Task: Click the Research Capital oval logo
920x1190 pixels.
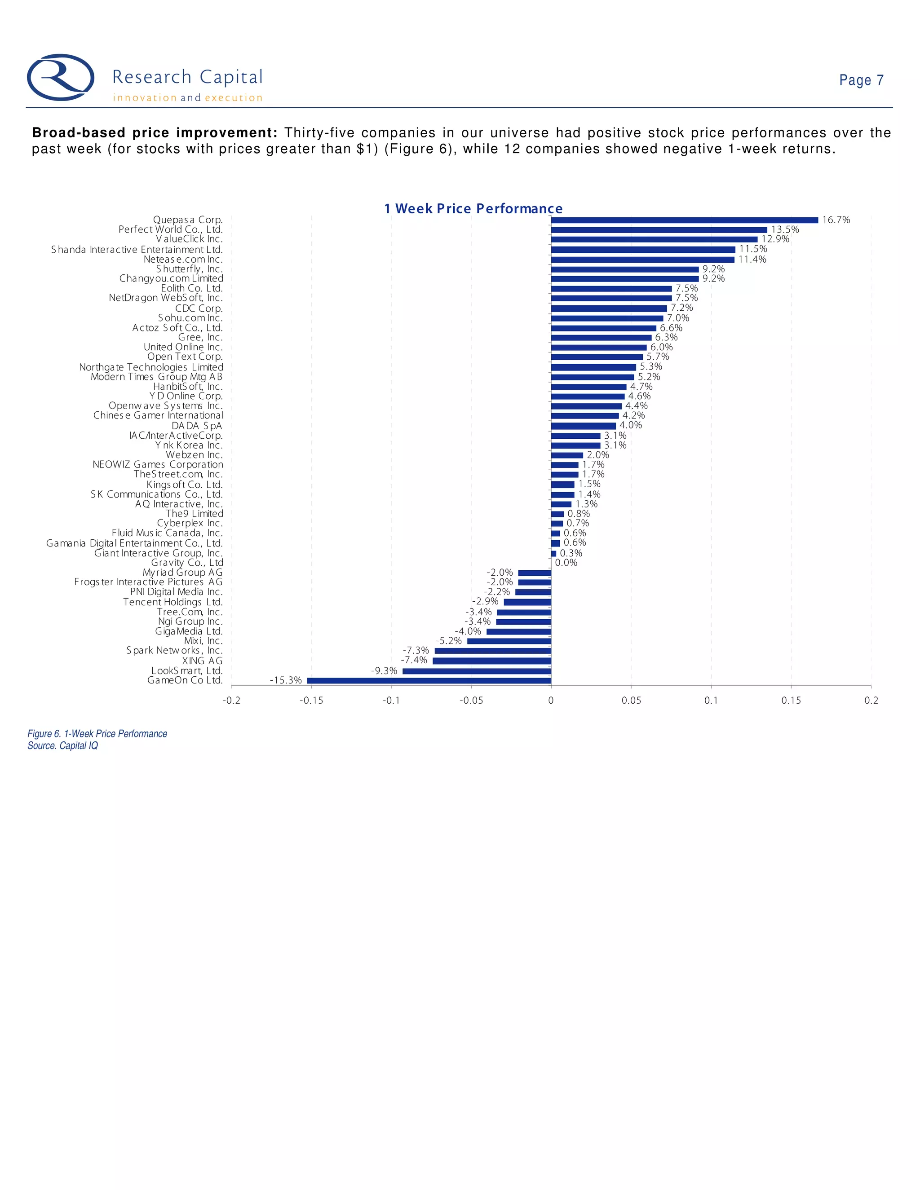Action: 61,77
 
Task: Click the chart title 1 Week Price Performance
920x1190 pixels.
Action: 473,209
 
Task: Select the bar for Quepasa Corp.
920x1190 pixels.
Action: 684,220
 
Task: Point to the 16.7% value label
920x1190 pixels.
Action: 836,220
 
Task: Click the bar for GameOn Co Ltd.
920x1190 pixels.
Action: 429,680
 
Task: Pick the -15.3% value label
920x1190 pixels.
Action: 286,680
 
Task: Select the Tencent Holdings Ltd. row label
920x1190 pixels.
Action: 173,602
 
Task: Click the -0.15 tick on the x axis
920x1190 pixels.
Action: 311,701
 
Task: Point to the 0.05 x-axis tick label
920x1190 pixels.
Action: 631,701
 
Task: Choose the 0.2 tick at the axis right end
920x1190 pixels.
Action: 871,701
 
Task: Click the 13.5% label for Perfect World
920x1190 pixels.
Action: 785,230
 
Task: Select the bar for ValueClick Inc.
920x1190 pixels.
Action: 654,239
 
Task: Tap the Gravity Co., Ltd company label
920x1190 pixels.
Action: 187,563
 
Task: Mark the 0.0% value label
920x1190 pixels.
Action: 566,563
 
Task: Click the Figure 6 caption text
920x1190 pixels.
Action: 97,734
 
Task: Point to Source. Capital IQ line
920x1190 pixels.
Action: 63,746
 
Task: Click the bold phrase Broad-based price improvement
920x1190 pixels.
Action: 155,133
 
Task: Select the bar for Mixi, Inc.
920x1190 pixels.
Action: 509,641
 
